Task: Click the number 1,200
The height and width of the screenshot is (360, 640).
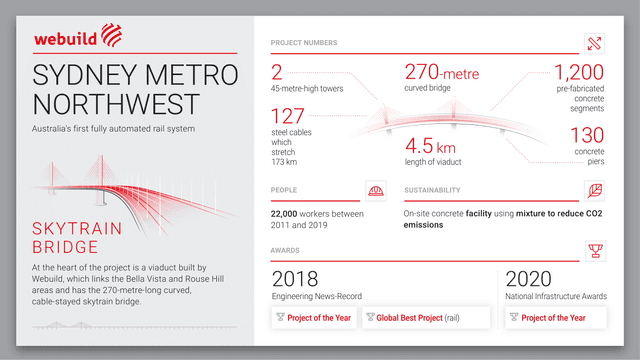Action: point(581,73)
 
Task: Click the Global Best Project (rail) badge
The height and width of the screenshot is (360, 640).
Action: point(426,318)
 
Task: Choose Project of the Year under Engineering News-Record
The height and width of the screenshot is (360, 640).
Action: point(315,318)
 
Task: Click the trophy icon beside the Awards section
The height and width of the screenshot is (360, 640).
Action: point(595,249)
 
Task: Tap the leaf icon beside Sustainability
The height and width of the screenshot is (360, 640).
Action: point(595,190)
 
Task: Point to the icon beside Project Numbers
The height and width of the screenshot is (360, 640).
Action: point(595,43)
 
